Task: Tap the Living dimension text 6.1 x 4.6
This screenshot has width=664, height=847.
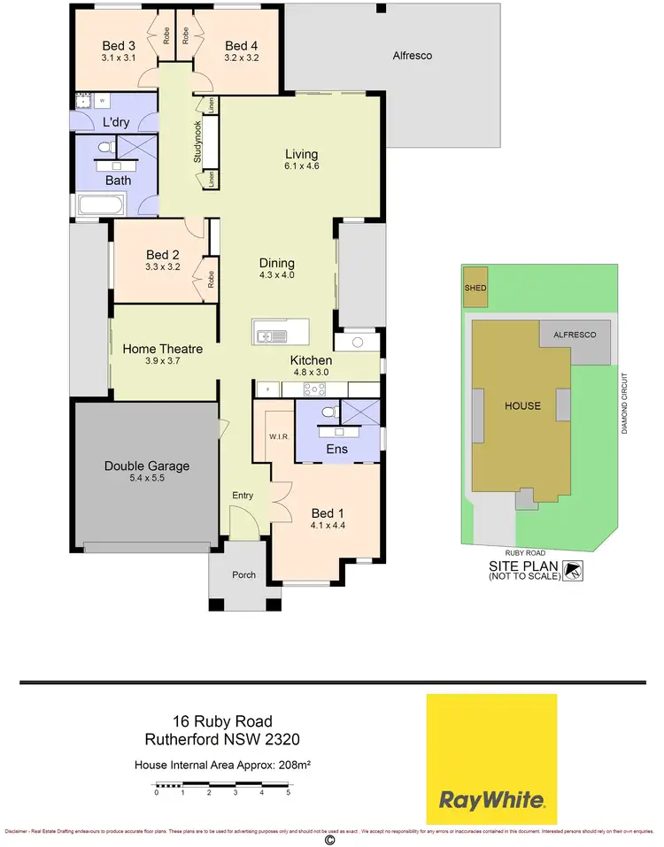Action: point(301,166)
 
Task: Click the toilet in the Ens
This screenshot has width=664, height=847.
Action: point(328,411)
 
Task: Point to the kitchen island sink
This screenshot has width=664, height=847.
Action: point(266,335)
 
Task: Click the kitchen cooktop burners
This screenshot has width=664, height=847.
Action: point(313,389)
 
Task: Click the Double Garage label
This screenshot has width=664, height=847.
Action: point(147,466)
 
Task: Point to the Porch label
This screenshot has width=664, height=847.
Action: point(243,574)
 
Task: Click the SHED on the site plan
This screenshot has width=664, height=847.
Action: point(475,289)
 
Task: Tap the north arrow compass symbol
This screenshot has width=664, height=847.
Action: point(575,570)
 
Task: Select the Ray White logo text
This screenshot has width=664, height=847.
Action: point(492,801)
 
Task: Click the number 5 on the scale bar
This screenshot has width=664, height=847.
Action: point(288,793)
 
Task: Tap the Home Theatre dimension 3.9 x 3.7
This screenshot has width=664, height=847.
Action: point(163,361)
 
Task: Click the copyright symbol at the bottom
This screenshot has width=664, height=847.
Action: point(329,841)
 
